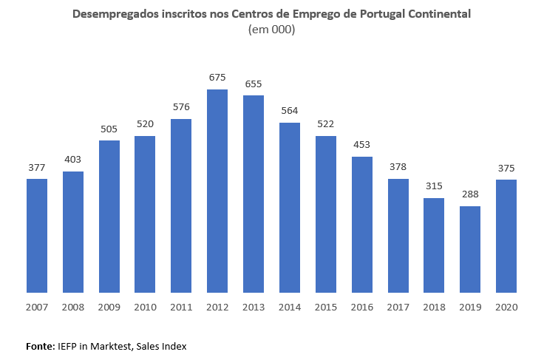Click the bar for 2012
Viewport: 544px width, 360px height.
(x=217, y=191)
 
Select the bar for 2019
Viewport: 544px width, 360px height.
(x=470, y=249)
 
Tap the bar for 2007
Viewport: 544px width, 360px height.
(x=37, y=235)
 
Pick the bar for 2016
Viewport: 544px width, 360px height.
(x=361, y=224)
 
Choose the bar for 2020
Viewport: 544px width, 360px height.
(x=506, y=236)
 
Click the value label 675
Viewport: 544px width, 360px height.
(x=217, y=78)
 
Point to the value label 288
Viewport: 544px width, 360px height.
(x=470, y=194)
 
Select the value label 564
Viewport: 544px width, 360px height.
(x=290, y=111)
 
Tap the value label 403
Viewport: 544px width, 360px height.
(x=73, y=160)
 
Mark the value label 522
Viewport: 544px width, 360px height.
(x=326, y=124)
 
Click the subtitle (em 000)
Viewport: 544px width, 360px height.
(x=271, y=30)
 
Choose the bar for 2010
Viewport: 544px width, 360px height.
(x=145, y=214)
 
